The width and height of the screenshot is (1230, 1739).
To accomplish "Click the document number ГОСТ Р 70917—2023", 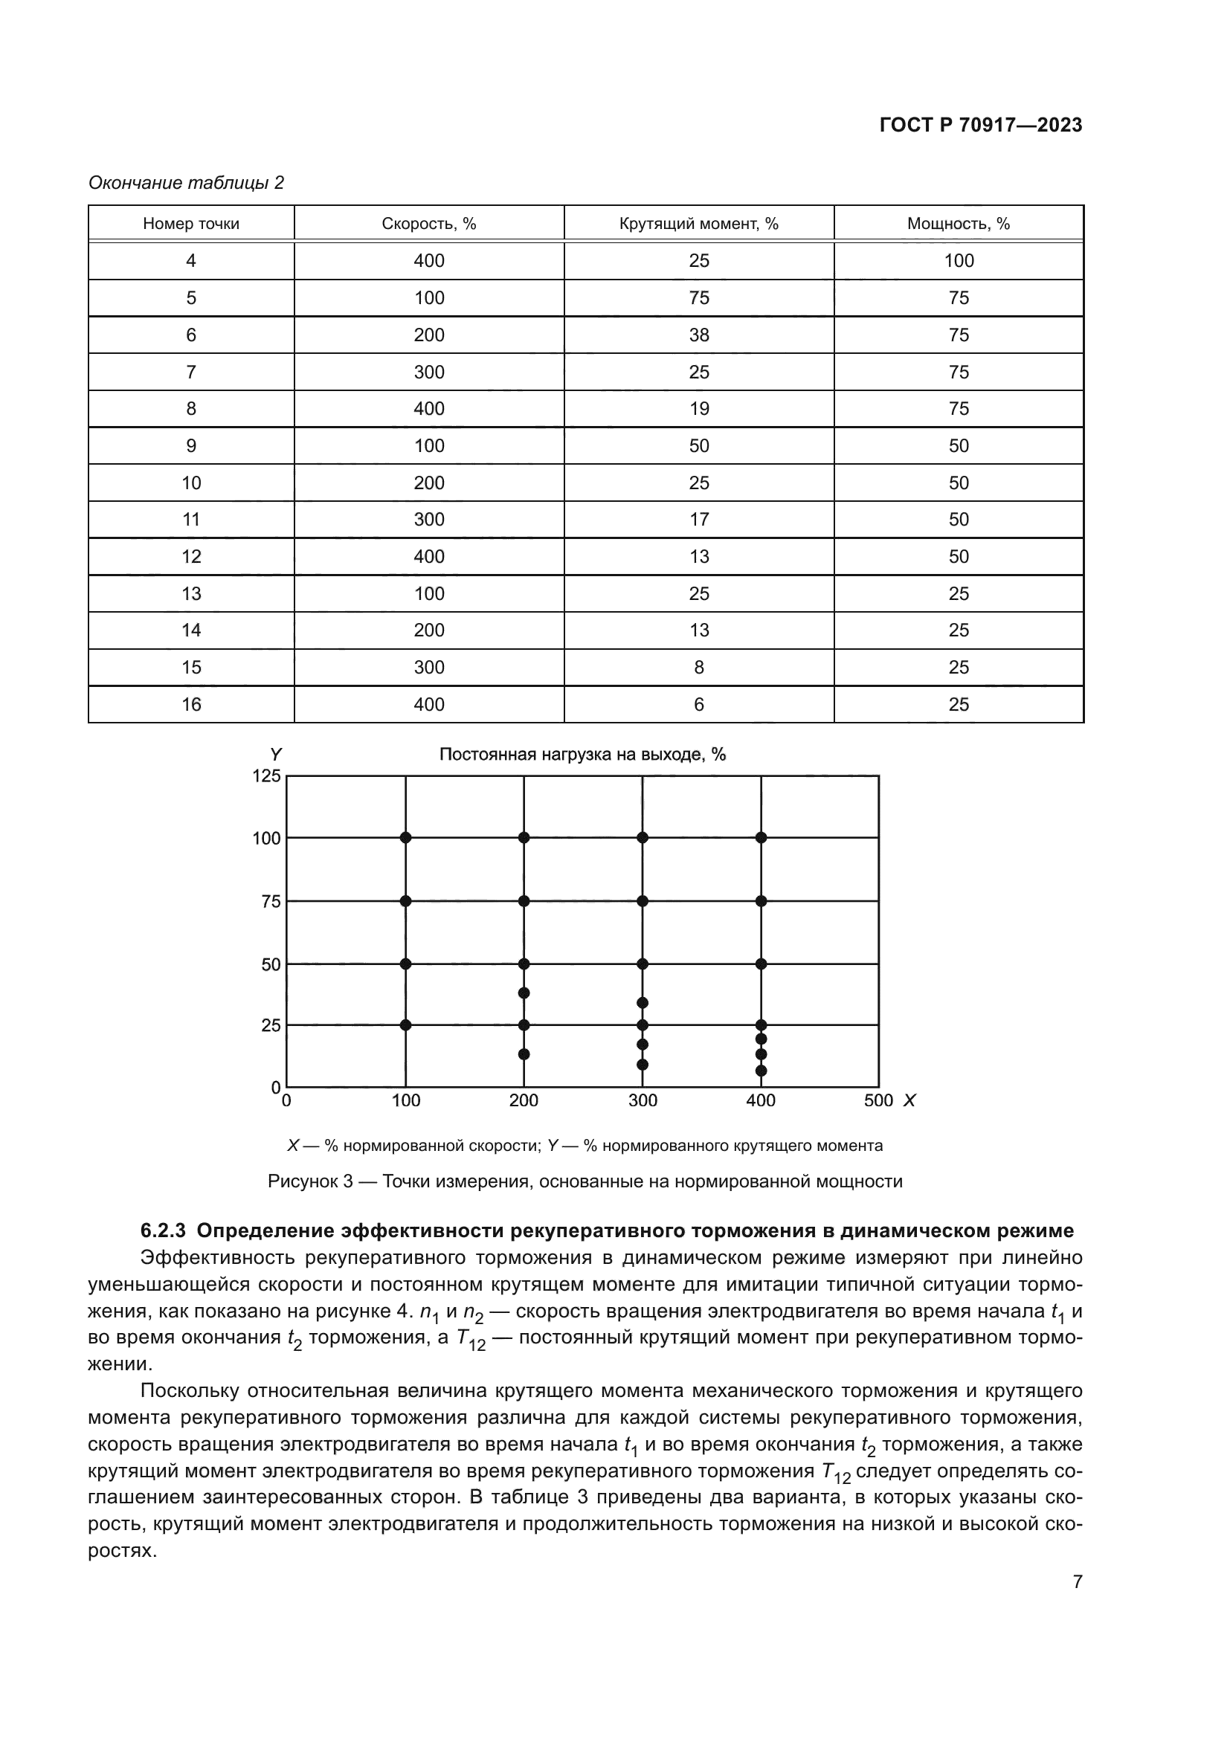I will pos(980,126).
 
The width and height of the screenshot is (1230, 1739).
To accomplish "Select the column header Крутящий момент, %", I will pos(698,224).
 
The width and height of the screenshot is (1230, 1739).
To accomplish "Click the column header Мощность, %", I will pos(958,224).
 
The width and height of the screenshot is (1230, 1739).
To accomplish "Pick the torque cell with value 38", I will pos(698,335).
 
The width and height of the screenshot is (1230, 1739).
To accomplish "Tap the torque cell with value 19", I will pos(698,409).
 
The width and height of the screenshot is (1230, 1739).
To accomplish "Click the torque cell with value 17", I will pos(698,520).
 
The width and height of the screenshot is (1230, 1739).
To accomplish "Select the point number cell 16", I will pos(191,704).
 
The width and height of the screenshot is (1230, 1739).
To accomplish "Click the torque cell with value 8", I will pos(698,667).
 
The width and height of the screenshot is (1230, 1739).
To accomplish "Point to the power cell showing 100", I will pos(958,260).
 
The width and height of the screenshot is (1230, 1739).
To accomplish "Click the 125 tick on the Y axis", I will pos(267,775).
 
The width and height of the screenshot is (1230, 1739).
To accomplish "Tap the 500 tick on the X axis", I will pos(878,1100).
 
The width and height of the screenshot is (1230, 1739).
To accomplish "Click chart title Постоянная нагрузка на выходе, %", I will pos(582,755).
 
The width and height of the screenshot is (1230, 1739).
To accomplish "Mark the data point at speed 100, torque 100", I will pos(405,837).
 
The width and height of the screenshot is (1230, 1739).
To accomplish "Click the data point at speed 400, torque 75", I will pos(761,900).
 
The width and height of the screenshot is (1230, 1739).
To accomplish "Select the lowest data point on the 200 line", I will pos(524,1054).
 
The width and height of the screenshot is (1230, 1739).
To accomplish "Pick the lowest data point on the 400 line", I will pos(761,1071).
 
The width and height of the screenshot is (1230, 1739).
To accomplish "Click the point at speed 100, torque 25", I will pos(405,1025).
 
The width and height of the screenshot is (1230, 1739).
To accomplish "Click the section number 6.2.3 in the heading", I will pos(163,1230).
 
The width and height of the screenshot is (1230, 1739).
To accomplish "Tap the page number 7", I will pos(1077,1581).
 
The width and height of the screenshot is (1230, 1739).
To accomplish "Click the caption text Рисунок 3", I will pos(310,1181).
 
